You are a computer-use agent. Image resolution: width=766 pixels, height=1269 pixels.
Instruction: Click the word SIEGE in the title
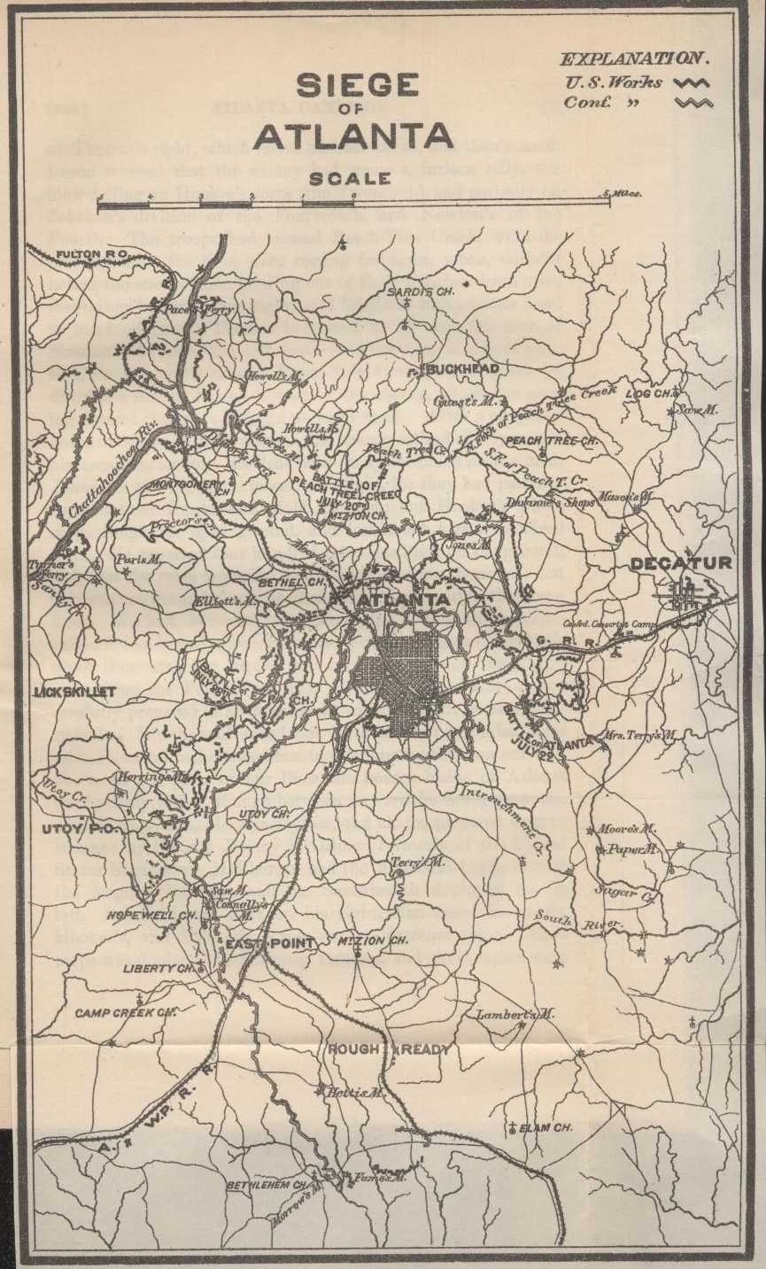pyautogui.click(x=357, y=86)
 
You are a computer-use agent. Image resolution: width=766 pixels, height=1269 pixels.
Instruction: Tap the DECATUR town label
pyautogui.click(x=681, y=563)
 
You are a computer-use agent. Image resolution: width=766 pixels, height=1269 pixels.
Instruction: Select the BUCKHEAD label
pyautogui.click(x=463, y=368)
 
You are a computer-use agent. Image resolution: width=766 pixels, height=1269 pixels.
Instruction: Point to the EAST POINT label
pyautogui.click(x=269, y=944)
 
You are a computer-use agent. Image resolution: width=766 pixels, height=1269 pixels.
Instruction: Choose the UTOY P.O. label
pyautogui.click(x=73, y=829)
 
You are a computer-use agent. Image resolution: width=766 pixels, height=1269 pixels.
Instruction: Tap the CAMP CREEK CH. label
pyautogui.click(x=126, y=1012)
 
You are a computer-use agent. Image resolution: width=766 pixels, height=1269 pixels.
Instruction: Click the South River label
pyautogui.click(x=580, y=921)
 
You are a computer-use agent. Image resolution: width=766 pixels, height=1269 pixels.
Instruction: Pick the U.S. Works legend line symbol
pyautogui.click(x=692, y=83)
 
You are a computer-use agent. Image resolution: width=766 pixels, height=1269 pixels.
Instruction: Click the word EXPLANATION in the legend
pyautogui.click(x=633, y=59)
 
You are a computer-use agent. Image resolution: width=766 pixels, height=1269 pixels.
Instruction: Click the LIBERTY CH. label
pyautogui.click(x=157, y=969)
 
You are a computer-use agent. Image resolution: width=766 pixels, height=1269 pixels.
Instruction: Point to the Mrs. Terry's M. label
pyautogui.click(x=640, y=734)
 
